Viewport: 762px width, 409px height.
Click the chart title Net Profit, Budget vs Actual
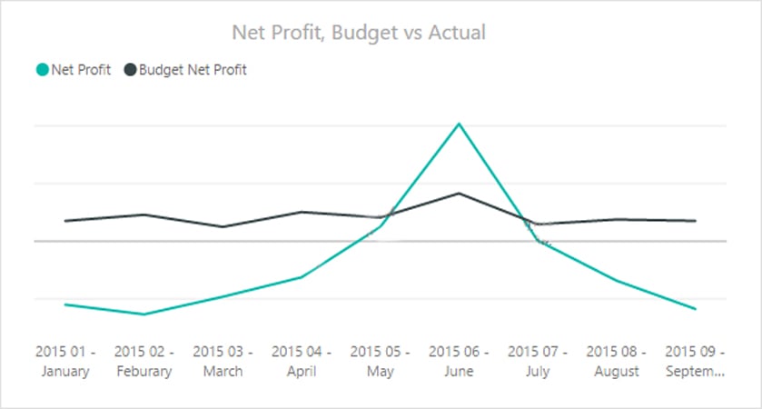tap(359, 33)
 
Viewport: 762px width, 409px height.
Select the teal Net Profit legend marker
tap(42, 69)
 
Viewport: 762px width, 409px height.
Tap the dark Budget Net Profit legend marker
tap(130, 69)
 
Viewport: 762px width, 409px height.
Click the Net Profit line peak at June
tap(459, 124)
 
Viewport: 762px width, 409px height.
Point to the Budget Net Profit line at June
tap(459, 194)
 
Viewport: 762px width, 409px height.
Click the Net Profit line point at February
tap(143, 314)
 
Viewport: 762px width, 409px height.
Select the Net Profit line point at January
tap(65, 304)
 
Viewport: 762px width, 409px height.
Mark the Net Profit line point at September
tap(696, 309)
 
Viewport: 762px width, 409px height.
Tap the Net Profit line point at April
tap(302, 277)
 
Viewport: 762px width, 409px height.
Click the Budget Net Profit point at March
tap(223, 226)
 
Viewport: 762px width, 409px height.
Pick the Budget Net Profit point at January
tap(65, 221)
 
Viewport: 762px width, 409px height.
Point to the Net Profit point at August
tap(617, 281)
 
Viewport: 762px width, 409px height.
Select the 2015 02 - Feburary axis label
tap(143, 361)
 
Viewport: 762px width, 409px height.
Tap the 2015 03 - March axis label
tap(223, 361)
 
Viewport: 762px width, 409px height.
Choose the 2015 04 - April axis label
tap(302, 361)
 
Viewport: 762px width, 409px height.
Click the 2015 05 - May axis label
tap(380, 361)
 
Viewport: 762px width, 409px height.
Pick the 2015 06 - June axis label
tap(459, 361)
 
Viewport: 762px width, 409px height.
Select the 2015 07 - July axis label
tap(538, 361)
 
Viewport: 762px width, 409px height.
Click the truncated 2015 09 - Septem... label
tap(696, 361)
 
